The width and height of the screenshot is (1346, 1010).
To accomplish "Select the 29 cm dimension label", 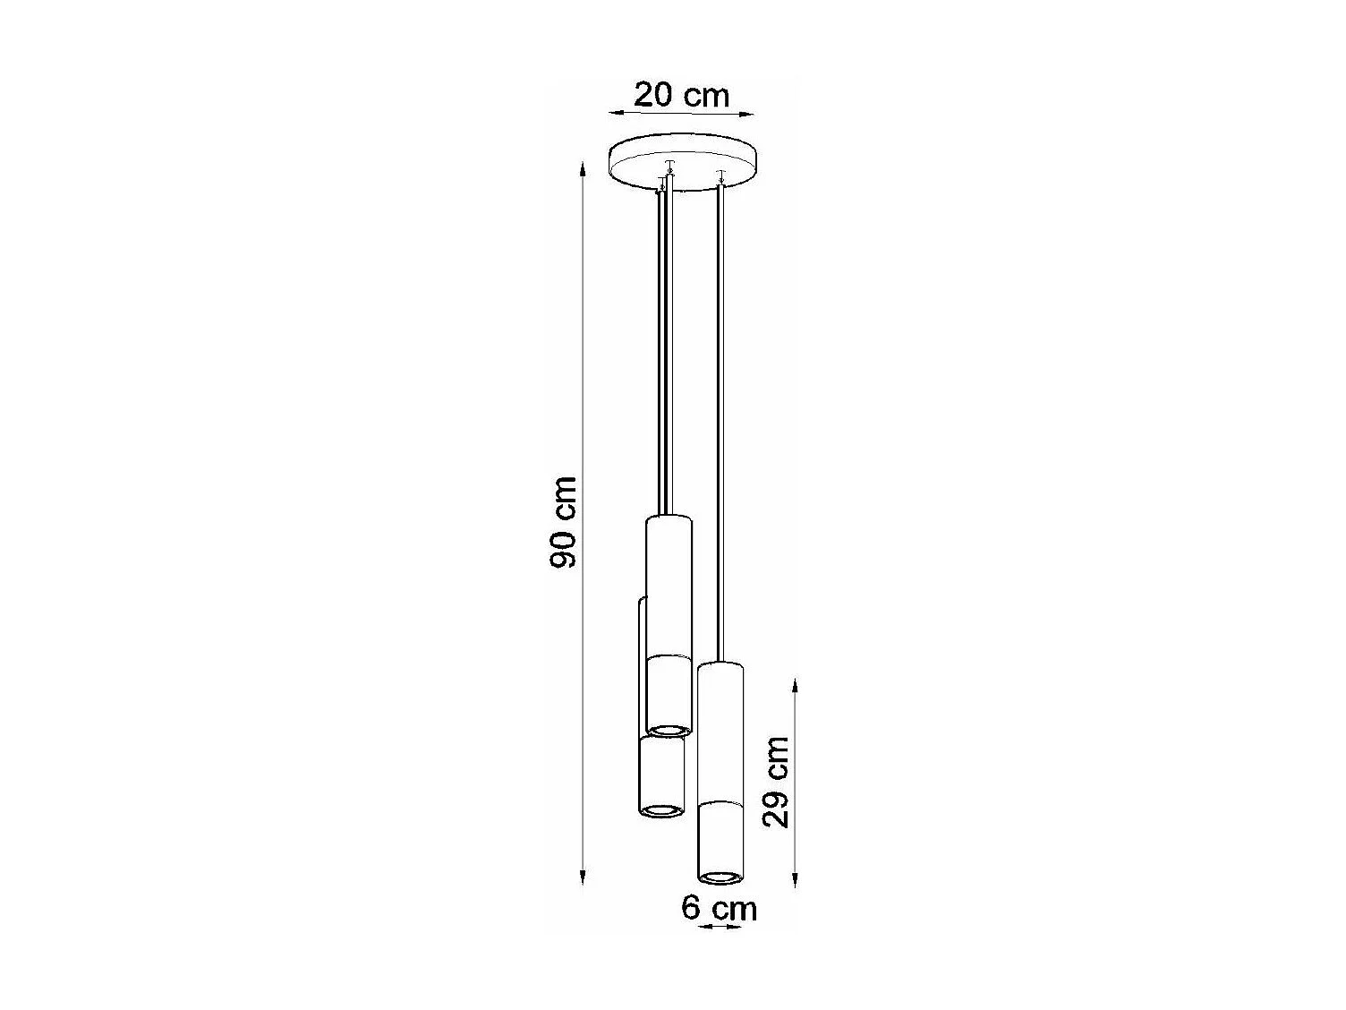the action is point(776,782).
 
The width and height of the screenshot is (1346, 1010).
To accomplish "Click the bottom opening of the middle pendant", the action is point(669,731).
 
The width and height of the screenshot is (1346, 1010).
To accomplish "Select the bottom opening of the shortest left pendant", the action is point(661,811).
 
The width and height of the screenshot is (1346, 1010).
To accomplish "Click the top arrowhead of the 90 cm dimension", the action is point(583,170).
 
